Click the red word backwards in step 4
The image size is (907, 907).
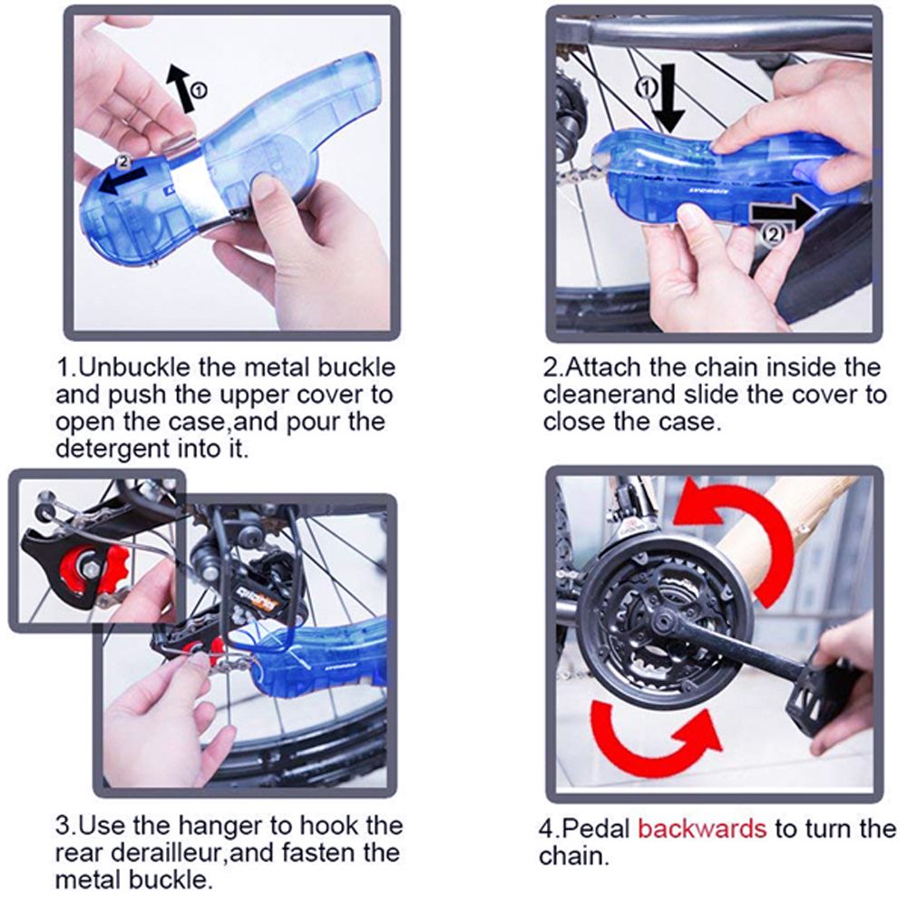click(x=702, y=829)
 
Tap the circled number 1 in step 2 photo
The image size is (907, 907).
click(x=646, y=87)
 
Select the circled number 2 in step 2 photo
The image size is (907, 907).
click(x=775, y=234)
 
